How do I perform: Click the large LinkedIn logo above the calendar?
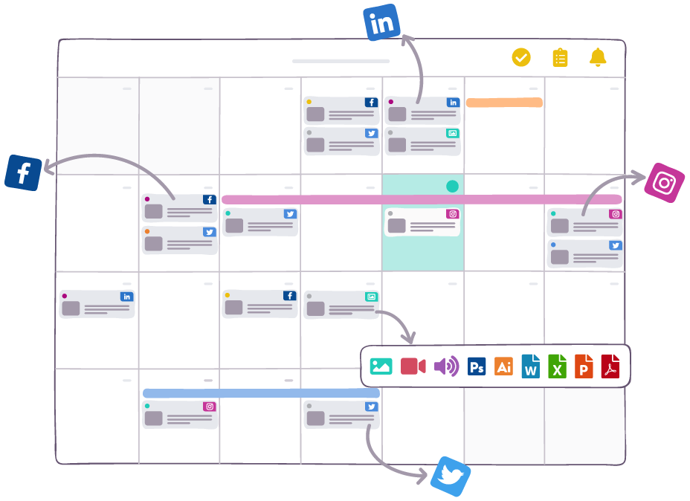[381, 22]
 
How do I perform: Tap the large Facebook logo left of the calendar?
[23, 173]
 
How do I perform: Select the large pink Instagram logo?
[663, 182]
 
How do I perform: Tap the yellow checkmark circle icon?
[521, 57]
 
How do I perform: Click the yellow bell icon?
[598, 57]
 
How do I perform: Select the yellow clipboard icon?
[560, 57]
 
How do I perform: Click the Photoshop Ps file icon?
[477, 366]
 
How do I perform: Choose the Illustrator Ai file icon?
[503, 366]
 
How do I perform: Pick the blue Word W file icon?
[530, 366]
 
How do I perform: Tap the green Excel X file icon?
[557, 366]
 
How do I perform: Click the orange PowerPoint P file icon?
[584, 366]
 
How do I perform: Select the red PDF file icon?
[610, 366]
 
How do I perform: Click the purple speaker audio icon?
[446, 366]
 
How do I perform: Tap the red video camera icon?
[413, 366]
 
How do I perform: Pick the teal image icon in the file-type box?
[381, 366]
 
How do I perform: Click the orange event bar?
[504, 103]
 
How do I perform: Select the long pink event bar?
[421, 199]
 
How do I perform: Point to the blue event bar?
[251, 392]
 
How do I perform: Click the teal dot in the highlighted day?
[452, 186]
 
